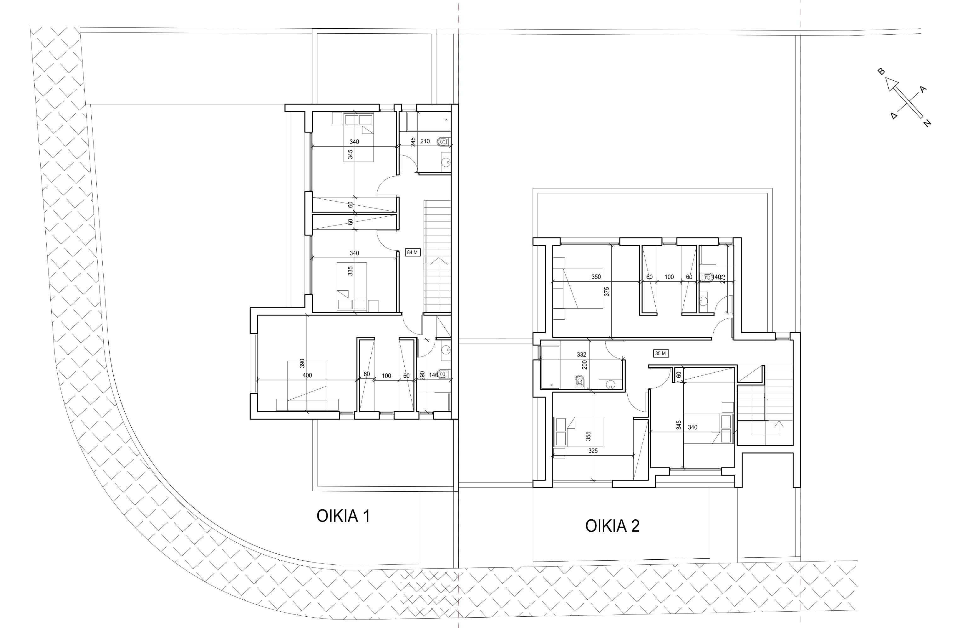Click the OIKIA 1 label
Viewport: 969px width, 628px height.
tap(343, 516)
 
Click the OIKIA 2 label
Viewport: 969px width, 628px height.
tap(612, 526)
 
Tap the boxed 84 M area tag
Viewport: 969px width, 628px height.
tap(412, 253)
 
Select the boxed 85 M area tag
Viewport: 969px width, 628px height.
tap(660, 353)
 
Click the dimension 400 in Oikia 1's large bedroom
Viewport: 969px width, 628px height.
tap(307, 375)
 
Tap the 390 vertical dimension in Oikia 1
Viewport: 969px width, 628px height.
tap(302, 363)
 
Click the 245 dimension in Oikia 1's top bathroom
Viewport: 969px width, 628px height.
tap(413, 142)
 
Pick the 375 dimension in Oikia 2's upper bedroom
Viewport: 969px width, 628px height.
tap(607, 292)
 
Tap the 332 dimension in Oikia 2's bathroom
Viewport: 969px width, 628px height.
tap(581, 355)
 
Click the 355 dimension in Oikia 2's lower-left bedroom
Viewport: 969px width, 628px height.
tap(588, 437)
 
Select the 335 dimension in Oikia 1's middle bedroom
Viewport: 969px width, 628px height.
tap(350, 271)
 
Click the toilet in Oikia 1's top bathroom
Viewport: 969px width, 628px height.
tap(443, 142)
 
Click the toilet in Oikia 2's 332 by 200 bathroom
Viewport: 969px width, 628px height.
tap(579, 382)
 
